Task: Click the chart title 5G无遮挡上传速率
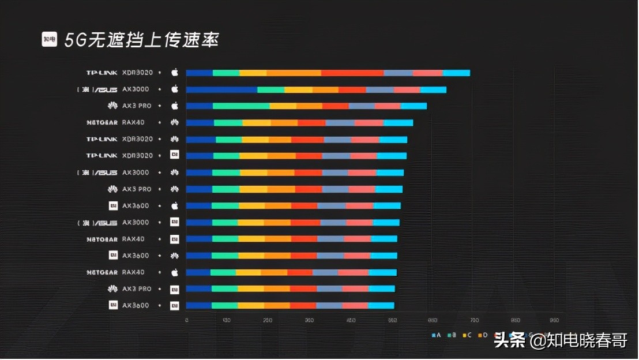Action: pyautogui.click(x=142, y=40)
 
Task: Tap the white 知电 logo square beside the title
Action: pyautogui.click(x=50, y=39)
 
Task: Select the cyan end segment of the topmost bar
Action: pyautogui.click(x=456, y=73)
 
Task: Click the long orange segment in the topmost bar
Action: pyautogui.click(x=294, y=73)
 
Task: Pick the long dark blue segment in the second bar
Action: pyautogui.click(x=221, y=89)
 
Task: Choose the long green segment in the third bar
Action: pyautogui.click(x=241, y=106)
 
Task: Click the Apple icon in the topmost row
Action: pyautogui.click(x=175, y=73)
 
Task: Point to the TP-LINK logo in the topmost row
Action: pyautogui.click(x=102, y=73)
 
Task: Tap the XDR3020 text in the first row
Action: pyautogui.click(x=137, y=73)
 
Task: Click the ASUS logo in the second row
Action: pyautogui.click(x=98, y=89)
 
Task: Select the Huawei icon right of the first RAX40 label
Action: pyautogui.click(x=175, y=122)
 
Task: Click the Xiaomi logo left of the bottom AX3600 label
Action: pyautogui.click(x=113, y=305)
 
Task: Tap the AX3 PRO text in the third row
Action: pyautogui.click(x=137, y=106)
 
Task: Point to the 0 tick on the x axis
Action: pyautogui.click(x=186, y=320)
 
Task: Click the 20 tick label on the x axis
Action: pyautogui.click(x=268, y=320)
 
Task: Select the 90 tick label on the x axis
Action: pyautogui.click(x=554, y=320)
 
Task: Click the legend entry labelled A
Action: pyautogui.click(x=437, y=335)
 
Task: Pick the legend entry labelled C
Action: pyautogui.click(x=468, y=335)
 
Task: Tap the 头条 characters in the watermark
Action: pyautogui.click(x=510, y=340)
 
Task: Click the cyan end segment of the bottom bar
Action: pyautogui.click(x=381, y=305)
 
